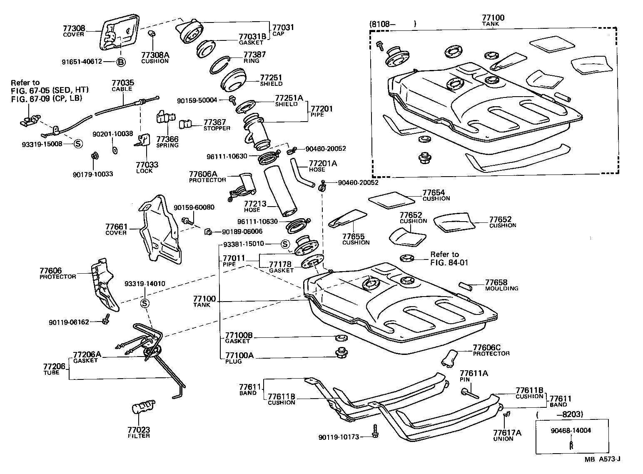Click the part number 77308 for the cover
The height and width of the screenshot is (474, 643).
click(74, 28)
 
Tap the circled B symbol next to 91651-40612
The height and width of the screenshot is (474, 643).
click(120, 62)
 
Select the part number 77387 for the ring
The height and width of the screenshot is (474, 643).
click(254, 55)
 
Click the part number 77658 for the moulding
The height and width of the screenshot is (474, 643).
click(496, 282)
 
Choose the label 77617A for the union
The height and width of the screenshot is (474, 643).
click(507, 433)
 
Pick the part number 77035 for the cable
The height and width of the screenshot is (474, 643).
click(122, 83)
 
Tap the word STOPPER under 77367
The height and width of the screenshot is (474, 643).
click(217, 128)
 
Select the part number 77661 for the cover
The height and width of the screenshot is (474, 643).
click(116, 227)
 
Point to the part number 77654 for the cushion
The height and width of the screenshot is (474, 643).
click(434, 193)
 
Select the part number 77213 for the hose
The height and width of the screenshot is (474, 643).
click(252, 204)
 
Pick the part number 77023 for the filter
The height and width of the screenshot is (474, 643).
click(139, 429)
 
